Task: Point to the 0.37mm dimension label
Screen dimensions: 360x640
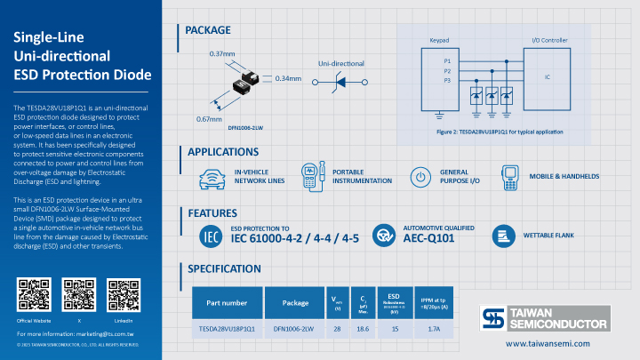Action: tap(221, 54)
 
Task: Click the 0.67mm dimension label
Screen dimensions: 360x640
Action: tap(209, 119)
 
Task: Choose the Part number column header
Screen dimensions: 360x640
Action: tap(227, 302)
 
